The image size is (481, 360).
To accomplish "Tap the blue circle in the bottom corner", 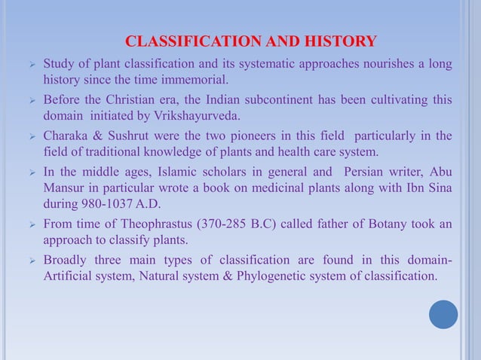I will (443, 315).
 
